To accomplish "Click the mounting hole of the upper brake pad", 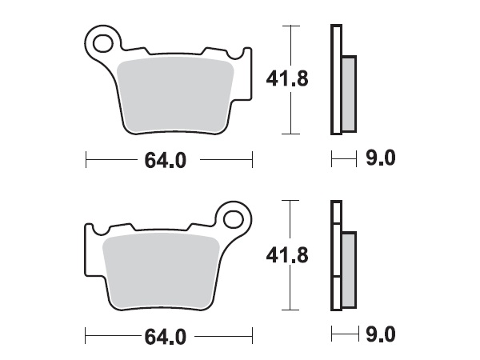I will [103, 40].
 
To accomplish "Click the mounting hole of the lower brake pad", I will [234, 218].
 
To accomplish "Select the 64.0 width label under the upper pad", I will [166, 160].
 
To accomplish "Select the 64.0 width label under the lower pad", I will [166, 337].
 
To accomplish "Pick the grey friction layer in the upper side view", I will [348, 94].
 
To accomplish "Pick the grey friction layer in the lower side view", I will [348, 270].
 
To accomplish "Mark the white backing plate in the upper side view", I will [335, 80].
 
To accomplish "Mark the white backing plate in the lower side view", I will [335, 256].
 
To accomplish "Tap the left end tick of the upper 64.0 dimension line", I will [86, 160].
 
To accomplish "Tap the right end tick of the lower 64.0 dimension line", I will [252, 336].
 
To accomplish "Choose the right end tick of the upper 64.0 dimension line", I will [252, 160].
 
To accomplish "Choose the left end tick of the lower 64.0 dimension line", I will [86, 336].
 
